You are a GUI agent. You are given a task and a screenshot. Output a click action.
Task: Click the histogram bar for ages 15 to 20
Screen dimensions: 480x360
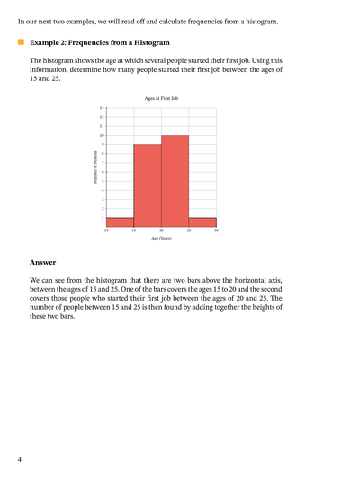pyautogui.click(x=148, y=185)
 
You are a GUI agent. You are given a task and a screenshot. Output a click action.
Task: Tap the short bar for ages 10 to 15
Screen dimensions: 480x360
pyautogui.click(x=120, y=222)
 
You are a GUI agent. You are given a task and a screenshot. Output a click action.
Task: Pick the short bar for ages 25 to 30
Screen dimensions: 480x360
pyautogui.click(x=202, y=222)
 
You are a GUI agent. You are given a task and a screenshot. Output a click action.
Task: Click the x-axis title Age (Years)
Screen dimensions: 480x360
pyautogui.click(x=161, y=238)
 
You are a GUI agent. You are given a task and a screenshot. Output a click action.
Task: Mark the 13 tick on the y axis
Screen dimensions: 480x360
pyautogui.click(x=102, y=107)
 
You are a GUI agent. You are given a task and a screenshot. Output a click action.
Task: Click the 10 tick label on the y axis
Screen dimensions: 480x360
pyautogui.click(x=102, y=135)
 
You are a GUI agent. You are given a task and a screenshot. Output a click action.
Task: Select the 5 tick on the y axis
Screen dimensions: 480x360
pyautogui.click(x=103, y=181)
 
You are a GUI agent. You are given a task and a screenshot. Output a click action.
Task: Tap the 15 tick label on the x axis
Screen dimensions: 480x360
pyautogui.click(x=134, y=231)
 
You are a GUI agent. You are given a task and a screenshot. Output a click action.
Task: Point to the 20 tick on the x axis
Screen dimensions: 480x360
pyautogui.click(x=161, y=231)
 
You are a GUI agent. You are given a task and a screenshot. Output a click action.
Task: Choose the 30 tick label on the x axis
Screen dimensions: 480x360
pyautogui.click(x=216, y=231)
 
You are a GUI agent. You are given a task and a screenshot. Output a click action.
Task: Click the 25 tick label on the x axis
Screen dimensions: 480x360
pyautogui.click(x=189, y=231)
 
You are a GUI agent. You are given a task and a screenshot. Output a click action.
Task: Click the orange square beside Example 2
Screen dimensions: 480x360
pyautogui.click(x=21, y=41)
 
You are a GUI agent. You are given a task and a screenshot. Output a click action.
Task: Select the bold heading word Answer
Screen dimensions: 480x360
pyautogui.click(x=42, y=263)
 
